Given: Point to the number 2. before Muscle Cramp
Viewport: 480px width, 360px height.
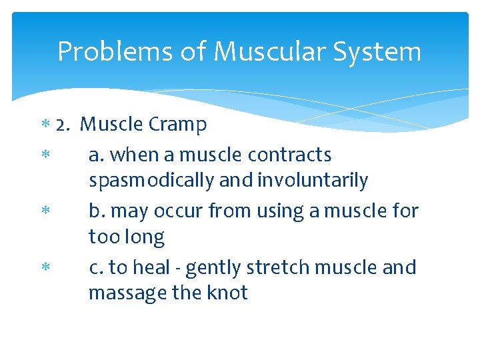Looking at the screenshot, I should [64, 125].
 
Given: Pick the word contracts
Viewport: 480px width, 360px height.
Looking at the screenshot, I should [289, 155].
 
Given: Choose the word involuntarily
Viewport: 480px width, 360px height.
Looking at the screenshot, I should [313, 180].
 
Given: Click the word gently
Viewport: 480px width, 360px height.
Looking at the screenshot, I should [213, 267].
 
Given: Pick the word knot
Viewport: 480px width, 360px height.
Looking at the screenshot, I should [225, 293].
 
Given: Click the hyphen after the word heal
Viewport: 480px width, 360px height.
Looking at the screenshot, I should [179, 268].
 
